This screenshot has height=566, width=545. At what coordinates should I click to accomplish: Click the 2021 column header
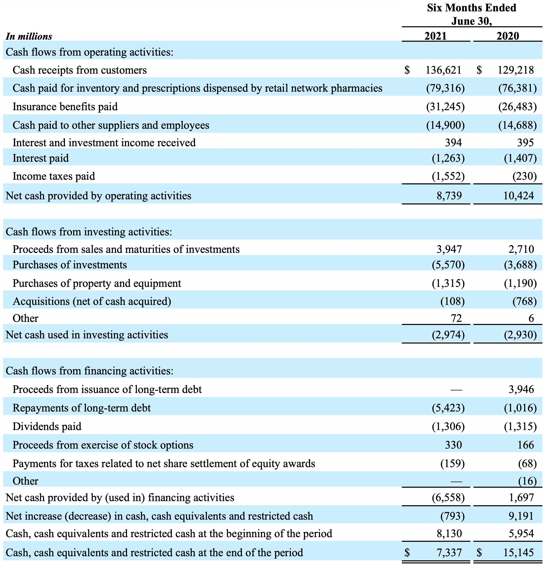tap(436, 36)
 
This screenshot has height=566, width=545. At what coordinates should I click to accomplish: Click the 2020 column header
tap(508, 36)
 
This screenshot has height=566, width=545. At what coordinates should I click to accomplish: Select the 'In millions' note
tap(29, 36)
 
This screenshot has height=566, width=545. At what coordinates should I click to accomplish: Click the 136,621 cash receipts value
tap(444, 70)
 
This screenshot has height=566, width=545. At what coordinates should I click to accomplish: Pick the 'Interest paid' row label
tap(41, 158)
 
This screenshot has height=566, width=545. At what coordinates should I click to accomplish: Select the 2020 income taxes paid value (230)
tap(524, 176)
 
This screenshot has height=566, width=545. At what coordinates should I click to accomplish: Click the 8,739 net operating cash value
tap(449, 196)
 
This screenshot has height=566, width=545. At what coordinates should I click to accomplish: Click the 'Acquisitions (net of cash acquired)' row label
tap(92, 301)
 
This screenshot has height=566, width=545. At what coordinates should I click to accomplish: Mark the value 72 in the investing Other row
tap(456, 318)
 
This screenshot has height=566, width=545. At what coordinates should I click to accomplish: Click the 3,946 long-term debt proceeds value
tap(521, 389)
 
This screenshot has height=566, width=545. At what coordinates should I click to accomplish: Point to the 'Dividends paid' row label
tap(47, 426)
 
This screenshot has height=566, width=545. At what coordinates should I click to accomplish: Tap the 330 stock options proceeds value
tap(454, 445)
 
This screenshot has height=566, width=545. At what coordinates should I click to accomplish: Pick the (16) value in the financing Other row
tap(527, 481)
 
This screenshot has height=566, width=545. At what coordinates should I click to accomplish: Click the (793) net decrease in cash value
tap(452, 516)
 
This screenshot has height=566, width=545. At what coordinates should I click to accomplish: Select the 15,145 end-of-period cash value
tap(519, 552)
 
